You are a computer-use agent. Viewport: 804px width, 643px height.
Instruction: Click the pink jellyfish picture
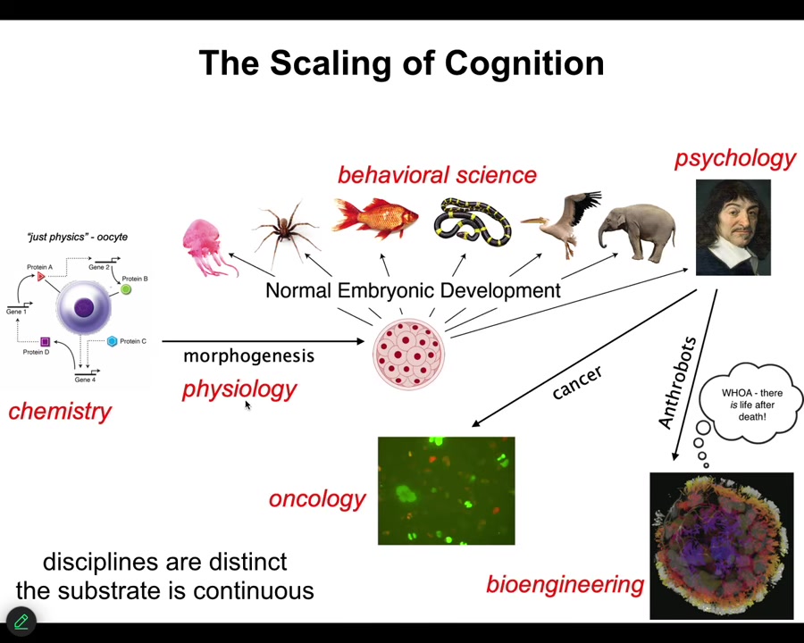coord(207,246)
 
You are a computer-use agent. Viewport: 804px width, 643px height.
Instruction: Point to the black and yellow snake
coord(472,223)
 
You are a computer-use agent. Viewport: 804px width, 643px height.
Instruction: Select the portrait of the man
coord(733,227)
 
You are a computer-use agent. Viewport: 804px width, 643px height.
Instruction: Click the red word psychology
coord(734,158)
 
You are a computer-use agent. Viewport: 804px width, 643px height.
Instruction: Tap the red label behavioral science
coord(437,175)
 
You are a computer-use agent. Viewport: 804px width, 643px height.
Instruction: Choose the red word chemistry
coord(60,411)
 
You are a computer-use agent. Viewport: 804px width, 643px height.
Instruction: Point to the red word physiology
coord(239,388)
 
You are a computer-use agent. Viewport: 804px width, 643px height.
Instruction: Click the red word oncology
coord(317,498)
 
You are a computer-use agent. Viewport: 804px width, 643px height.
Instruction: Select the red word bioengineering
coord(565,584)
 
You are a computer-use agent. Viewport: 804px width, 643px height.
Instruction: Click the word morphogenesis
coord(248,355)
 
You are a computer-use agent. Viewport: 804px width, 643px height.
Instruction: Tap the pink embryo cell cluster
coord(407,354)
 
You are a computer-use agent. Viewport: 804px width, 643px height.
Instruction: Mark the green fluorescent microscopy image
coord(446,490)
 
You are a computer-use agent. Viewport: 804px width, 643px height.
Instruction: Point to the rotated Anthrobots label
coord(677,382)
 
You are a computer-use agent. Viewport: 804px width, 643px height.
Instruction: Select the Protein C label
coord(132,341)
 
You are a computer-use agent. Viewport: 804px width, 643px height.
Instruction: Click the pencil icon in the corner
coord(21,621)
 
